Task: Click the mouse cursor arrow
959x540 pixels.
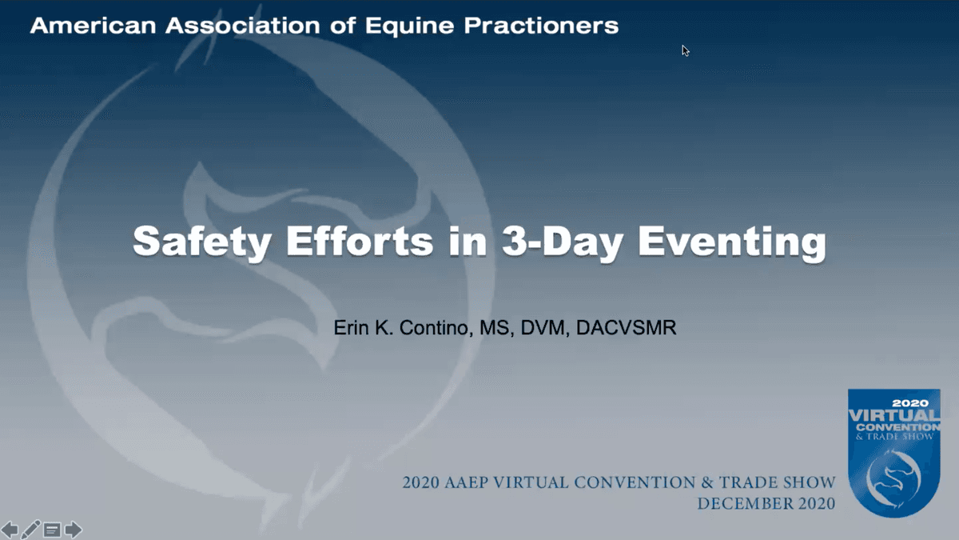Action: pos(685,50)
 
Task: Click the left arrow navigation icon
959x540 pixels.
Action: pos(10,529)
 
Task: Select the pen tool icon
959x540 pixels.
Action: pos(31,529)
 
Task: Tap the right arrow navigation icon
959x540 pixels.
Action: pos(74,529)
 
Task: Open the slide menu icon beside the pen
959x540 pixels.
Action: pos(52,529)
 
